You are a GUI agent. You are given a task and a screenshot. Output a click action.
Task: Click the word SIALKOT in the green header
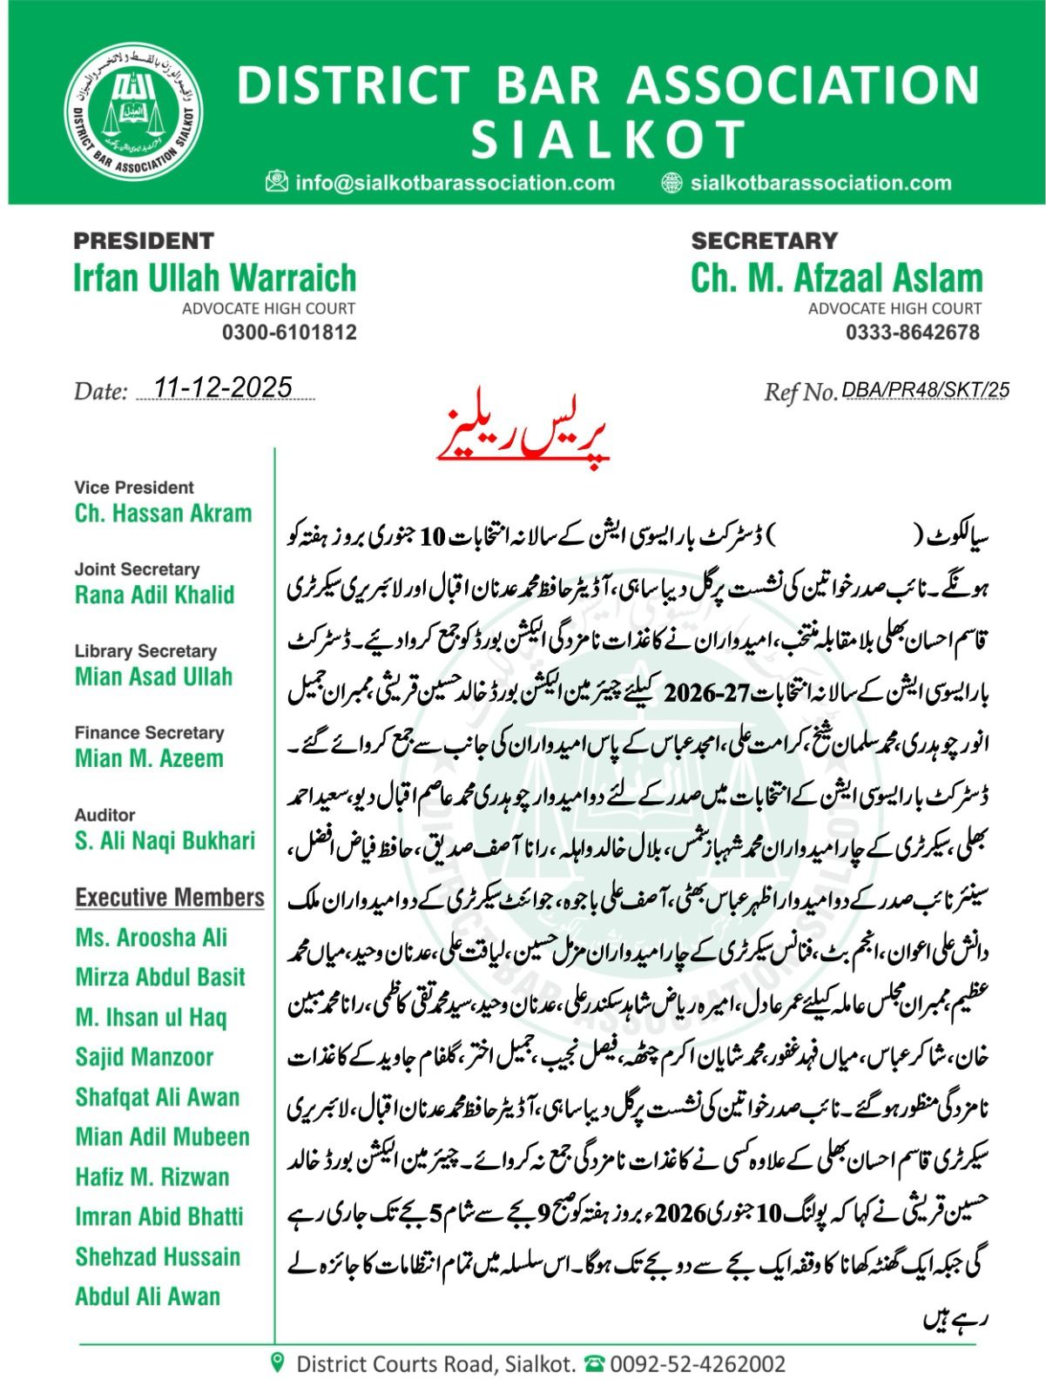610,138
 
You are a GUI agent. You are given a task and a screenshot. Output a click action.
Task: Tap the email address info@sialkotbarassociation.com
455,183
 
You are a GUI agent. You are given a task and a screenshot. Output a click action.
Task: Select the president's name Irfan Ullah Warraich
215,278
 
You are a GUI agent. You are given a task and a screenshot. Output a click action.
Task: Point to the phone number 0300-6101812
289,332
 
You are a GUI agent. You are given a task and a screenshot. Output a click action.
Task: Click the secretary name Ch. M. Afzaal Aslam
836,278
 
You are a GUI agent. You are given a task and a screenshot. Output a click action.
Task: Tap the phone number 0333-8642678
913,332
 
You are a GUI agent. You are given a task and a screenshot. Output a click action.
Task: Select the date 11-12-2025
223,387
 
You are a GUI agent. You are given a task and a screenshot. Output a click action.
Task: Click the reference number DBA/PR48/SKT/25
925,390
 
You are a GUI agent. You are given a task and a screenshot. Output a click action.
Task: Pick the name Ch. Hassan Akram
163,514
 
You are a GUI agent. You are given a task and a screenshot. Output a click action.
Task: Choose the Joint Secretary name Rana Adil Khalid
155,595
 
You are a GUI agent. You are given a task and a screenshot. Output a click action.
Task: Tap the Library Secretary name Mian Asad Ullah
153,676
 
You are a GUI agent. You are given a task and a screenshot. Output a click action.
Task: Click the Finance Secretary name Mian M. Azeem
149,758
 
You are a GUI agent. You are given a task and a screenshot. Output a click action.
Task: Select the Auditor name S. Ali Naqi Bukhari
165,840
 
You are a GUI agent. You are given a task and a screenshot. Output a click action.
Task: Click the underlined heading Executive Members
170,898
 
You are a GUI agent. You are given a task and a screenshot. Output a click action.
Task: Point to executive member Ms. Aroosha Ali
151,938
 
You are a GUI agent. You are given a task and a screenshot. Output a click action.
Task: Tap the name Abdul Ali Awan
147,1296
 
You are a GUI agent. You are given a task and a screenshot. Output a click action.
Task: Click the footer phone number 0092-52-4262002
697,1363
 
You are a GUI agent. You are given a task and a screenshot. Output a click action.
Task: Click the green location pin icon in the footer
278,1363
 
